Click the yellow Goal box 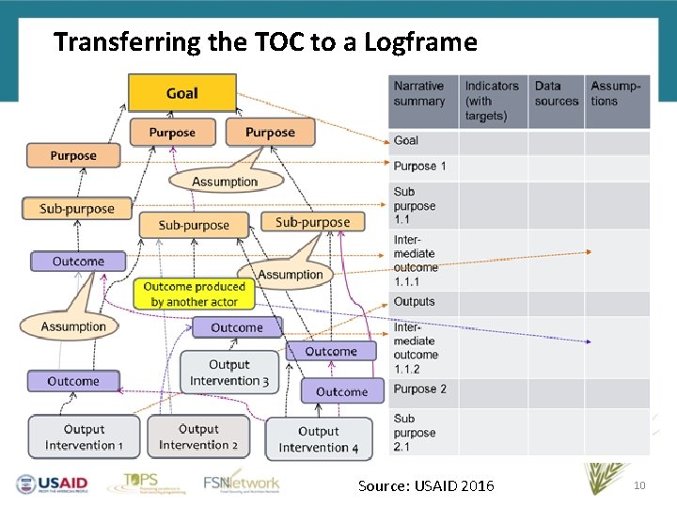point(181,93)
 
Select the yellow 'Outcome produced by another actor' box point(194,294)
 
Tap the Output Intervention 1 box point(84,437)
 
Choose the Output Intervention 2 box point(197,437)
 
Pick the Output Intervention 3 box point(229,373)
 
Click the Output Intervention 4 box point(318,439)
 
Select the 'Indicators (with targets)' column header point(492,101)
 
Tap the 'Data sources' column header point(556,94)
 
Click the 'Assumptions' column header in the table point(616,94)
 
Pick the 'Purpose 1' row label point(420,167)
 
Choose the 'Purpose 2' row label point(420,389)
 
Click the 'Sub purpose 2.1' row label point(415,433)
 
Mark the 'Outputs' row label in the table point(415,302)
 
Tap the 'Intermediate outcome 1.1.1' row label point(416,260)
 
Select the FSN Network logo point(242,482)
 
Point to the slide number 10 point(639,485)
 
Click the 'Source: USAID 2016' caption point(425,486)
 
